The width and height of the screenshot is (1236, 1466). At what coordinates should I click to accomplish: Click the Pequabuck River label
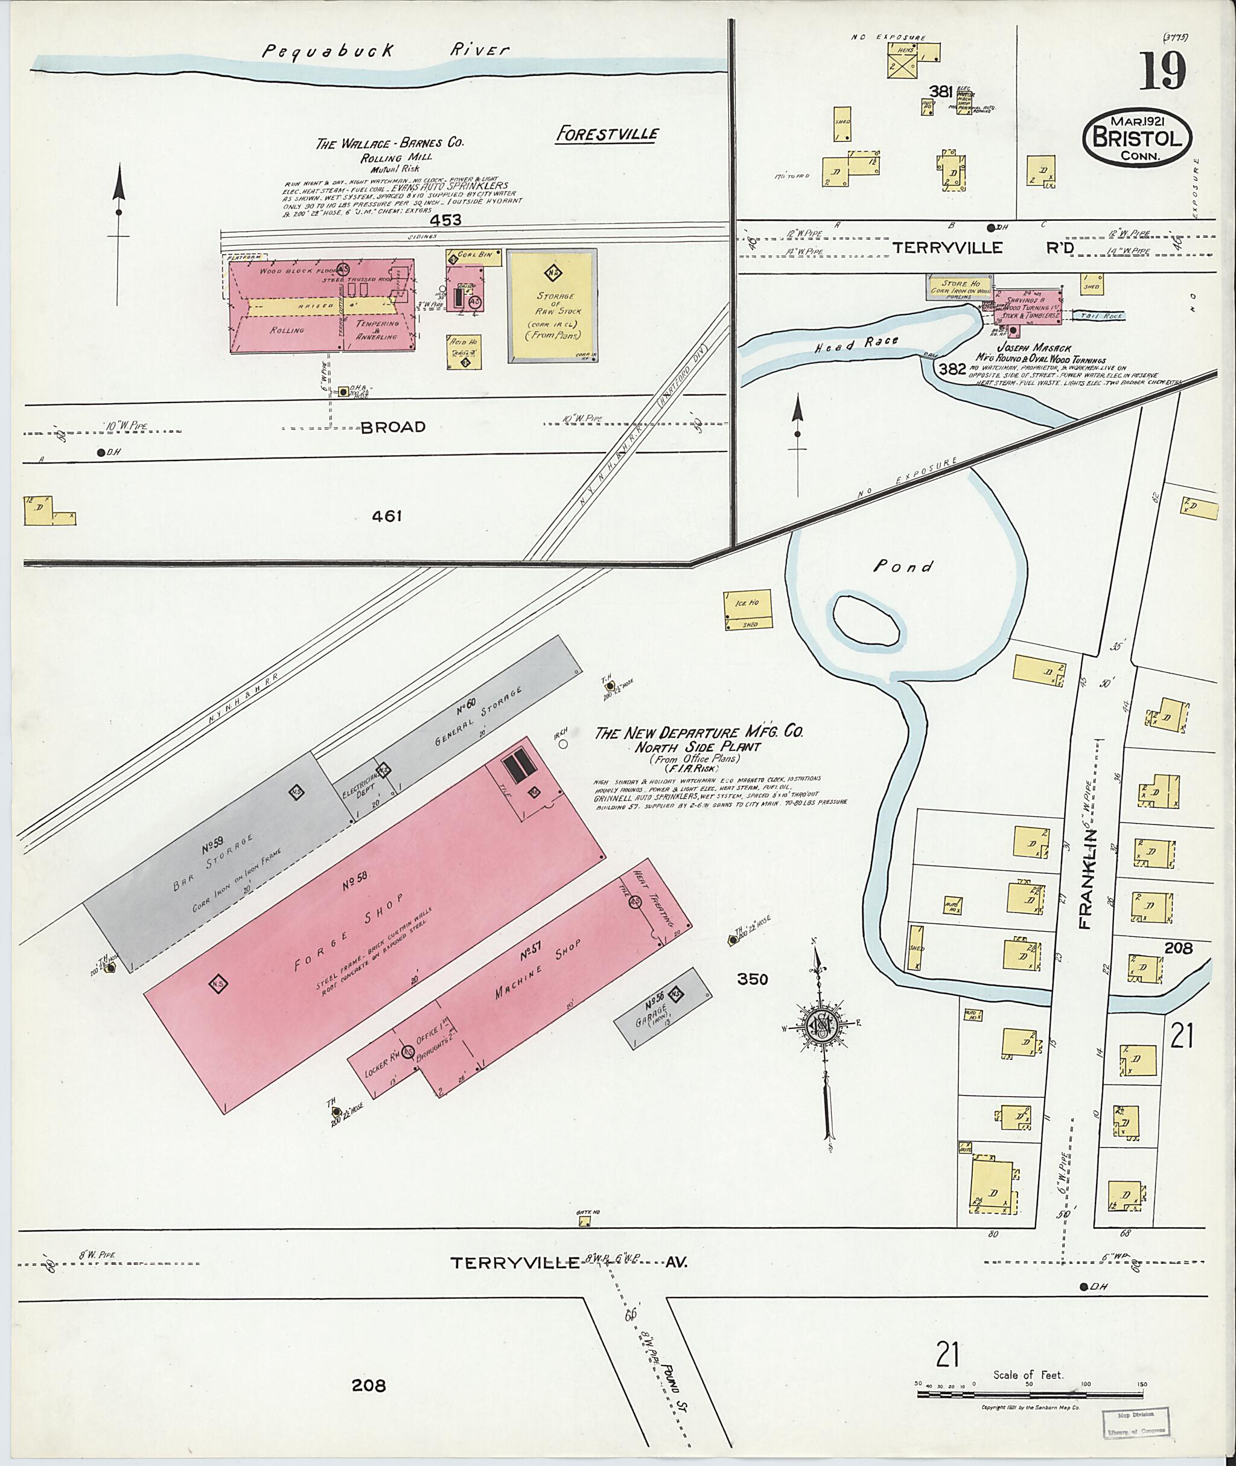pos(386,51)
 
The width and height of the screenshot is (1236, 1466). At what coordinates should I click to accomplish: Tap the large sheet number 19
pos(1162,71)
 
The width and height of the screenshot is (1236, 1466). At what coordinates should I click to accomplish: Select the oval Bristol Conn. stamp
pos(1138,138)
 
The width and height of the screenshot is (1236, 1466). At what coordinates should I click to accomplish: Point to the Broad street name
pos(393,427)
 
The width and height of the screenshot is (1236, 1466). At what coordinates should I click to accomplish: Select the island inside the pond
pos(866,619)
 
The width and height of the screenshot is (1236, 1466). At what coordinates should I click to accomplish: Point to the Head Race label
pos(856,344)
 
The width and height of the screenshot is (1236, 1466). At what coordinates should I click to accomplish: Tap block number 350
pos(753,979)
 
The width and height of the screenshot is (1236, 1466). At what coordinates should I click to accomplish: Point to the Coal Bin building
pos(475,257)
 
